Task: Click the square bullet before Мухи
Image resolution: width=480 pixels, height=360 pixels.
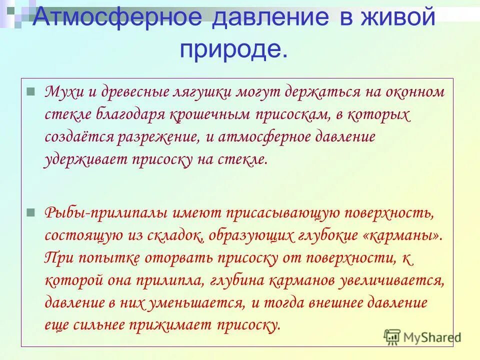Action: tap(30, 92)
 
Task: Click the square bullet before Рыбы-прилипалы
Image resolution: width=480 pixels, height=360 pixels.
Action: tap(30, 212)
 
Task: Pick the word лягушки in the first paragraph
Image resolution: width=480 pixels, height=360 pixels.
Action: tap(215, 92)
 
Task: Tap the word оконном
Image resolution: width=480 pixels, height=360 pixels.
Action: tap(413, 92)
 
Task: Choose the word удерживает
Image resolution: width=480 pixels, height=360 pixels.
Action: tap(84, 160)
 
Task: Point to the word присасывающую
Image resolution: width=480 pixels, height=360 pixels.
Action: tap(282, 213)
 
